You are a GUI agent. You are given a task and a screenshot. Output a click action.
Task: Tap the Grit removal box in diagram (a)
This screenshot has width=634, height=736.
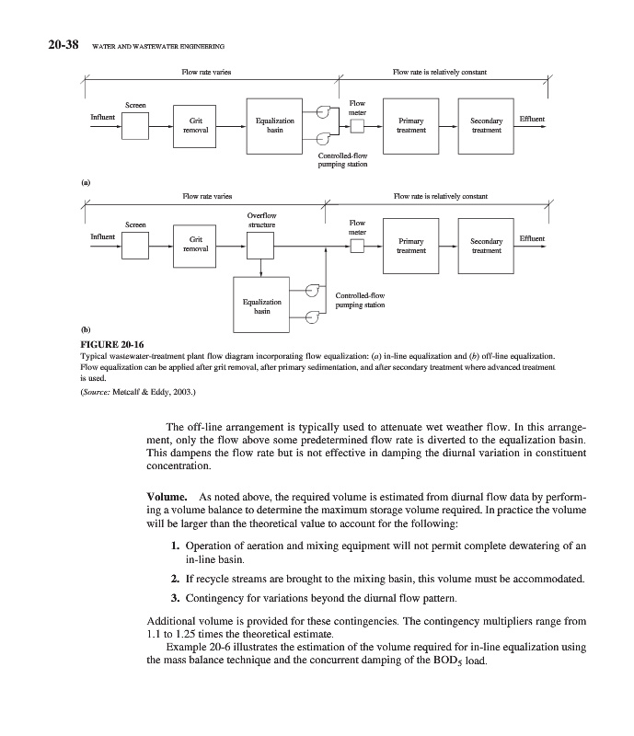click(x=196, y=125)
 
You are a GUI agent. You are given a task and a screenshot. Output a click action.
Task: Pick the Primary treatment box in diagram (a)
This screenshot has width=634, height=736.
click(x=410, y=125)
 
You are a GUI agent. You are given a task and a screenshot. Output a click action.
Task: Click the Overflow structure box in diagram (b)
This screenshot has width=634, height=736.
click(x=261, y=246)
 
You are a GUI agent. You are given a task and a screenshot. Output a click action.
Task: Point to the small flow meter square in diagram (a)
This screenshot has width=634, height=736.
click(x=357, y=126)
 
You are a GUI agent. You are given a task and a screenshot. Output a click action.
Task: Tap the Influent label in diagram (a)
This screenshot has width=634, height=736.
click(x=102, y=117)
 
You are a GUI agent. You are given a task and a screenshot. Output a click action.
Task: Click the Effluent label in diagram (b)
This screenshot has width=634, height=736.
click(x=531, y=238)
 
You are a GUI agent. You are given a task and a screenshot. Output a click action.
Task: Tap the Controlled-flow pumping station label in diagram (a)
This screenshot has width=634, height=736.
click(x=342, y=160)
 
